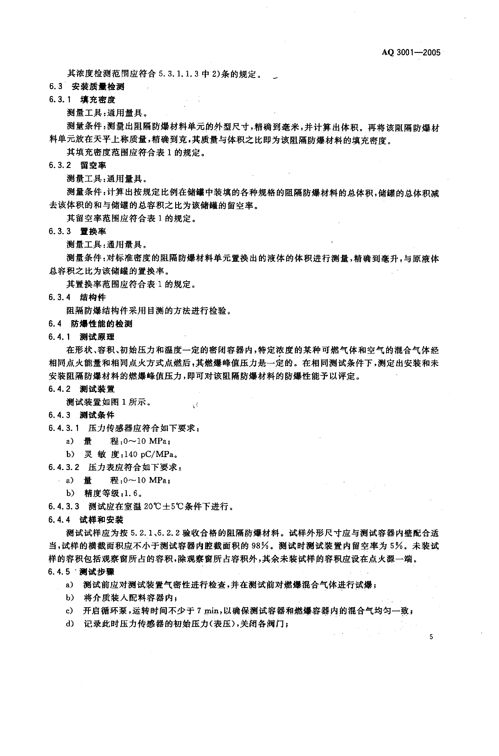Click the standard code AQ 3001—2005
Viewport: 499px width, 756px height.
click(x=411, y=52)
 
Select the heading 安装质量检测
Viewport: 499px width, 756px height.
click(x=98, y=87)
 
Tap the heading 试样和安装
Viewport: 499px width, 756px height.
click(x=101, y=520)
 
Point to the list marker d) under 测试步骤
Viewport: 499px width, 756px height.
click(x=70, y=624)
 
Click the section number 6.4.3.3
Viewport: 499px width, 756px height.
click(x=64, y=506)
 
